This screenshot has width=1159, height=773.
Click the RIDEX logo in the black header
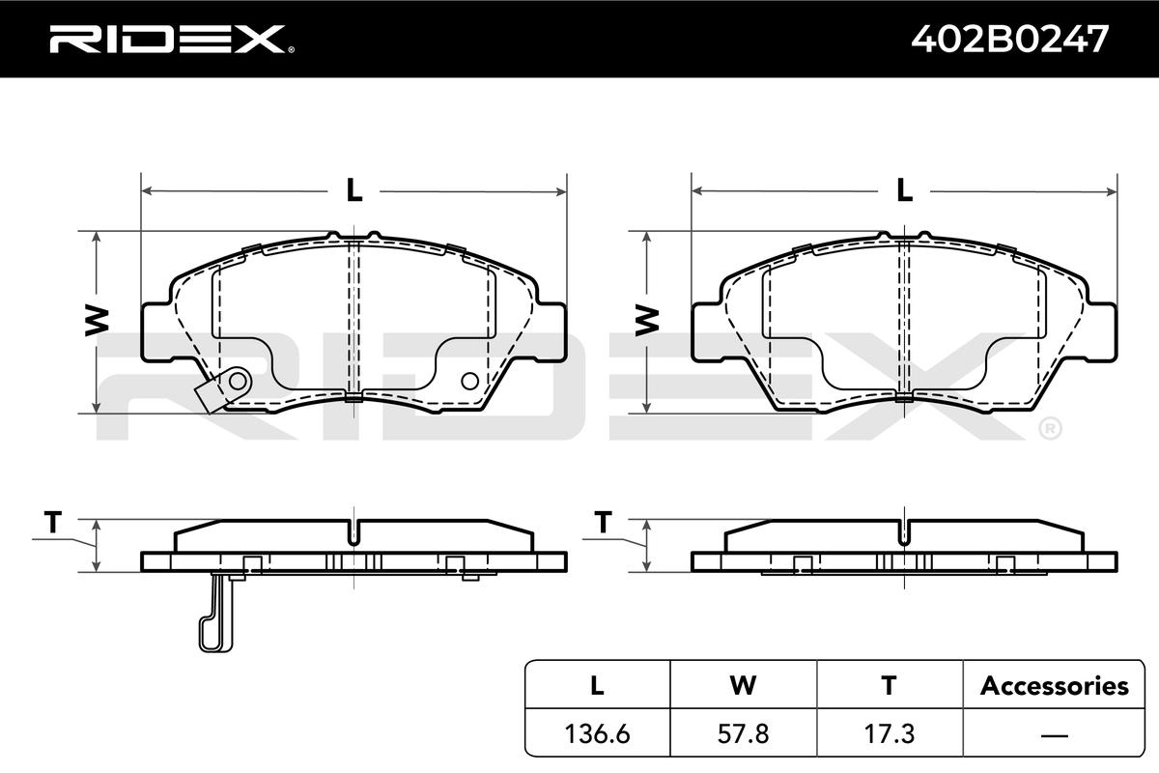pyautogui.click(x=171, y=39)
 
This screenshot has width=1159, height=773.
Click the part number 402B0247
pyautogui.click(x=1009, y=39)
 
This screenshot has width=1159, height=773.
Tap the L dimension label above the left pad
pyautogui.click(x=353, y=190)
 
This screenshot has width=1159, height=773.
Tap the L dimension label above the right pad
pyautogui.click(x=904, y=190)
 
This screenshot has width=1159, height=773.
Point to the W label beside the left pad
pyautogui.click(x=97, y=321)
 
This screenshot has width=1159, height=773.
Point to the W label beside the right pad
pyautogui.click(x=647, y=321)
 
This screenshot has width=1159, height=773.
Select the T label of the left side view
pyautogui.click(x=53, y=522)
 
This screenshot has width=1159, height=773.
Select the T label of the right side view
pyautogui.click(x=604, y=522)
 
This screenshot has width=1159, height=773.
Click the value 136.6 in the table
pyautogui.click(x=598, y=733)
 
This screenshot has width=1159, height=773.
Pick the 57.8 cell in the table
pyautogui.click(x=743, y=733)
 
